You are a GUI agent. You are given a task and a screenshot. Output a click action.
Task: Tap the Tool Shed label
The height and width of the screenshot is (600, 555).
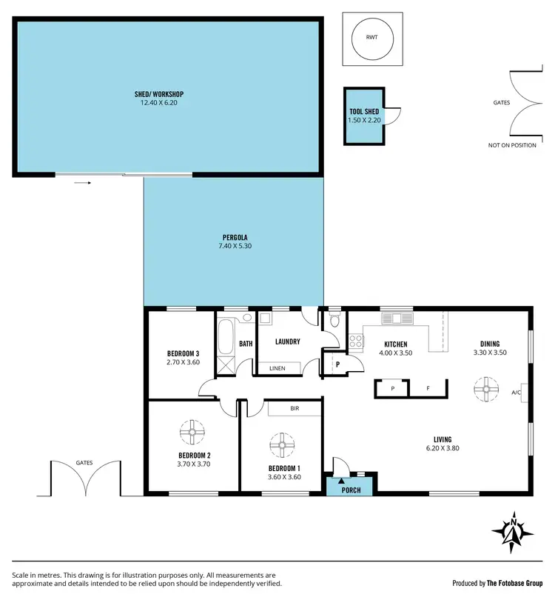click(x=364, y=111)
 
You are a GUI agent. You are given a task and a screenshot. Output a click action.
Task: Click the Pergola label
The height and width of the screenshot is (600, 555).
click(x=235, y=236)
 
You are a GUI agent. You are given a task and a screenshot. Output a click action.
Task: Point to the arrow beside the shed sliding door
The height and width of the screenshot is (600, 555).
click(x=82, y=181)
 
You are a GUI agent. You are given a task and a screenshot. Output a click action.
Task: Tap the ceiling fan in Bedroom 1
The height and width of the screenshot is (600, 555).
click(x=282, y=444)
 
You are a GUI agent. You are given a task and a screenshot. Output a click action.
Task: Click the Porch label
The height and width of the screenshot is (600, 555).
click(x=351, y=490)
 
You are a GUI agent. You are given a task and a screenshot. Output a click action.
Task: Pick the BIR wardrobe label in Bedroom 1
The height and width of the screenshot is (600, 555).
click(x=294, y=407)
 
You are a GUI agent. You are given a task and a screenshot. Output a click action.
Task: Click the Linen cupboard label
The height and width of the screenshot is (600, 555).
click(x=277, y=368)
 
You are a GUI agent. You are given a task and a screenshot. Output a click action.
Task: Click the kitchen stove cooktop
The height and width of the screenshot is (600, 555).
click(x=355, y=341)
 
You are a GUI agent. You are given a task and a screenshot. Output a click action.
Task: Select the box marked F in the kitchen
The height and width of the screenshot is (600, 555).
click(x=428, y=388)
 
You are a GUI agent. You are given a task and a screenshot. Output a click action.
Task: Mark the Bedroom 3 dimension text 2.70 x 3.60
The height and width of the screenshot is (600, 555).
click(x=184, y=362)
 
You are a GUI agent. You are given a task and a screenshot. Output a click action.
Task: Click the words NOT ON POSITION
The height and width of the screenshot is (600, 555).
click(x=511, y=145)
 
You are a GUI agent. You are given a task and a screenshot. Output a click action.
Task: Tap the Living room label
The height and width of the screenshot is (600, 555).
click(x=443, y=439)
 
